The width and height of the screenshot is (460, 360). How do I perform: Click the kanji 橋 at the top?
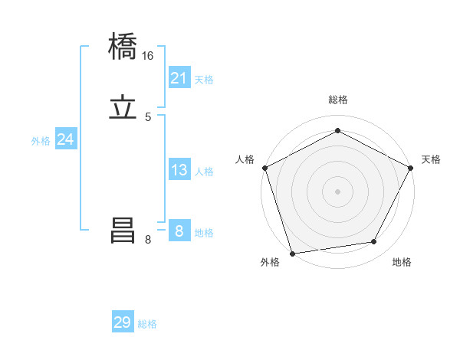123,47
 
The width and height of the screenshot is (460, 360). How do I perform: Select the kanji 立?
123,108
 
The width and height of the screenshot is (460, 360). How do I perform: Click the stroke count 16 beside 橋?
148,56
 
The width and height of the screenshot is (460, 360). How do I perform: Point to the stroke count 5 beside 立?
148,116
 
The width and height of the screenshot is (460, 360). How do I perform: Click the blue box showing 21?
179,78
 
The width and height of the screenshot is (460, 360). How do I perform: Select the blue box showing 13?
179,170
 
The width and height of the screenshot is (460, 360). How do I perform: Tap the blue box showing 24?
66,139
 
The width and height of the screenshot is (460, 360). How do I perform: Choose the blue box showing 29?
123,322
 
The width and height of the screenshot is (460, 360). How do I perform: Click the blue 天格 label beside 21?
204,80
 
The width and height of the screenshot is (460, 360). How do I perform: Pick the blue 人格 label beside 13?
204,172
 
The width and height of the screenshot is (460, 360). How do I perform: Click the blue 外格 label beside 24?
41,141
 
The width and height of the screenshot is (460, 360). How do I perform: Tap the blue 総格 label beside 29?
147,324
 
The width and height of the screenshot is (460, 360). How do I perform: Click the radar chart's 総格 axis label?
338,100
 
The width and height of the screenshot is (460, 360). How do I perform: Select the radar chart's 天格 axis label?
431,159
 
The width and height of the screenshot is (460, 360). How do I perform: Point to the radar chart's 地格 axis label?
402,262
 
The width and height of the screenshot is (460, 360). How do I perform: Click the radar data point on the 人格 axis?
264,167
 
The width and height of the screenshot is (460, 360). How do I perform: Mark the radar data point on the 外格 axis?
292,253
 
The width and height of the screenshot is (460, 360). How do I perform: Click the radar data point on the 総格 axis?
338,131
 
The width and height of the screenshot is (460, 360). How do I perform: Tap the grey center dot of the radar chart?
338,191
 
